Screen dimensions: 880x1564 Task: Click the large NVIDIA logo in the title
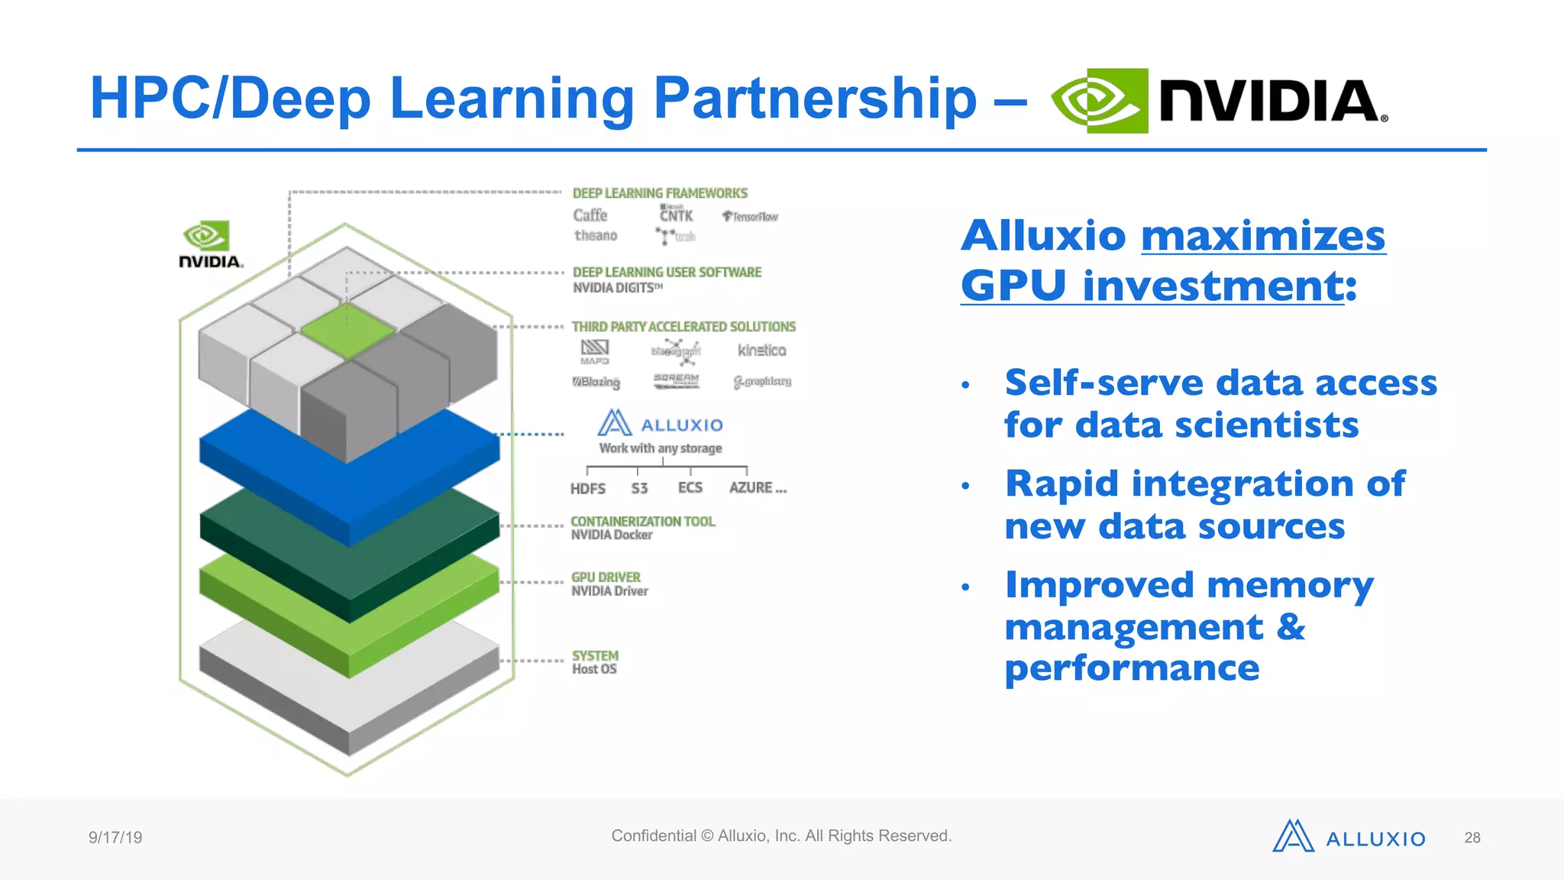1219,101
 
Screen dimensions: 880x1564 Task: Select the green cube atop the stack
347,330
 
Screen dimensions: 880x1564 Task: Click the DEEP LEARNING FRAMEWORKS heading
660,193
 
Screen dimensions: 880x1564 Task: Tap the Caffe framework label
590,215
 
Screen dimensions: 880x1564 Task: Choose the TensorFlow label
750,217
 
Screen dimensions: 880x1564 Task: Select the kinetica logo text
761,351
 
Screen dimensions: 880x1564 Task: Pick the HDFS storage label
587,489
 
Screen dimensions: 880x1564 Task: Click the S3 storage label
639,489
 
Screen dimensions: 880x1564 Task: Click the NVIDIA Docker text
612,535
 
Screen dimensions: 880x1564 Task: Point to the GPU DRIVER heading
606,577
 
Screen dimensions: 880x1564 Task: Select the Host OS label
594,669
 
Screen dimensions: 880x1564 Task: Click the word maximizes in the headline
1263,236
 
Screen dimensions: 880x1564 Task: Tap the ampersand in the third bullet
1291,627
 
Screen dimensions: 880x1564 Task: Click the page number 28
1472,838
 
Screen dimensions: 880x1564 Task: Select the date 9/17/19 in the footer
115,838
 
